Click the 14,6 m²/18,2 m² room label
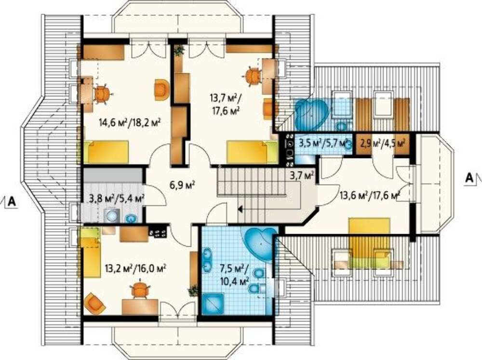point(130,123)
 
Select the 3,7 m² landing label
point(302,175)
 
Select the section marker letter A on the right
point(469,177)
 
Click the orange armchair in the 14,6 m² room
point(161,90)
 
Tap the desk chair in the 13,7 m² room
point(254,76)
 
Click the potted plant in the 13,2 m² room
point(193,291)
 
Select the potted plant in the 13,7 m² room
point(179,51)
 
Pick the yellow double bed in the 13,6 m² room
point(369,242)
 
